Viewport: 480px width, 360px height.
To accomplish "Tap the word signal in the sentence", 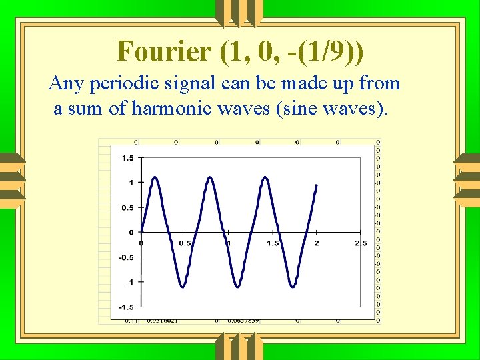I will click(x=187, y=83).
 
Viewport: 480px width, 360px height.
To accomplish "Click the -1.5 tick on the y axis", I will click(x=125, y=307).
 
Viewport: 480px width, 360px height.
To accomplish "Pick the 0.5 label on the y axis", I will click(x=127, y=207).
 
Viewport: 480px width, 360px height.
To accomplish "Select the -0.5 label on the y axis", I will click(x=125, y=257).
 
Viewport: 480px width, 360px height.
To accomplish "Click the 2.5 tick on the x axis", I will click(x=361, y=243).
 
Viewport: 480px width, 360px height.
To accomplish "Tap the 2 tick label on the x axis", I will click(x=317, y=243).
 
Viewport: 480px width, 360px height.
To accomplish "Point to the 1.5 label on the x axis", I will click(x=273, y=243).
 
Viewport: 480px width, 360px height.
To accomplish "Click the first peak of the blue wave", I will click(x=155, y=177).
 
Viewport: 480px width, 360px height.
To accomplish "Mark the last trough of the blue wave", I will click(x=293, y=287).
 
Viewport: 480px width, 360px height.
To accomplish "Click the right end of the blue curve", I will click(x=316, y=185).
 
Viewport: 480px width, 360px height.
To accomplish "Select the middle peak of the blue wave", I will click(x=211, y=177).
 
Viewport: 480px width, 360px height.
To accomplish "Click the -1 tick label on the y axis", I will click(x=128, y=282).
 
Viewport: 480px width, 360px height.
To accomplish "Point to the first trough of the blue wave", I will click(x=183, y=287).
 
